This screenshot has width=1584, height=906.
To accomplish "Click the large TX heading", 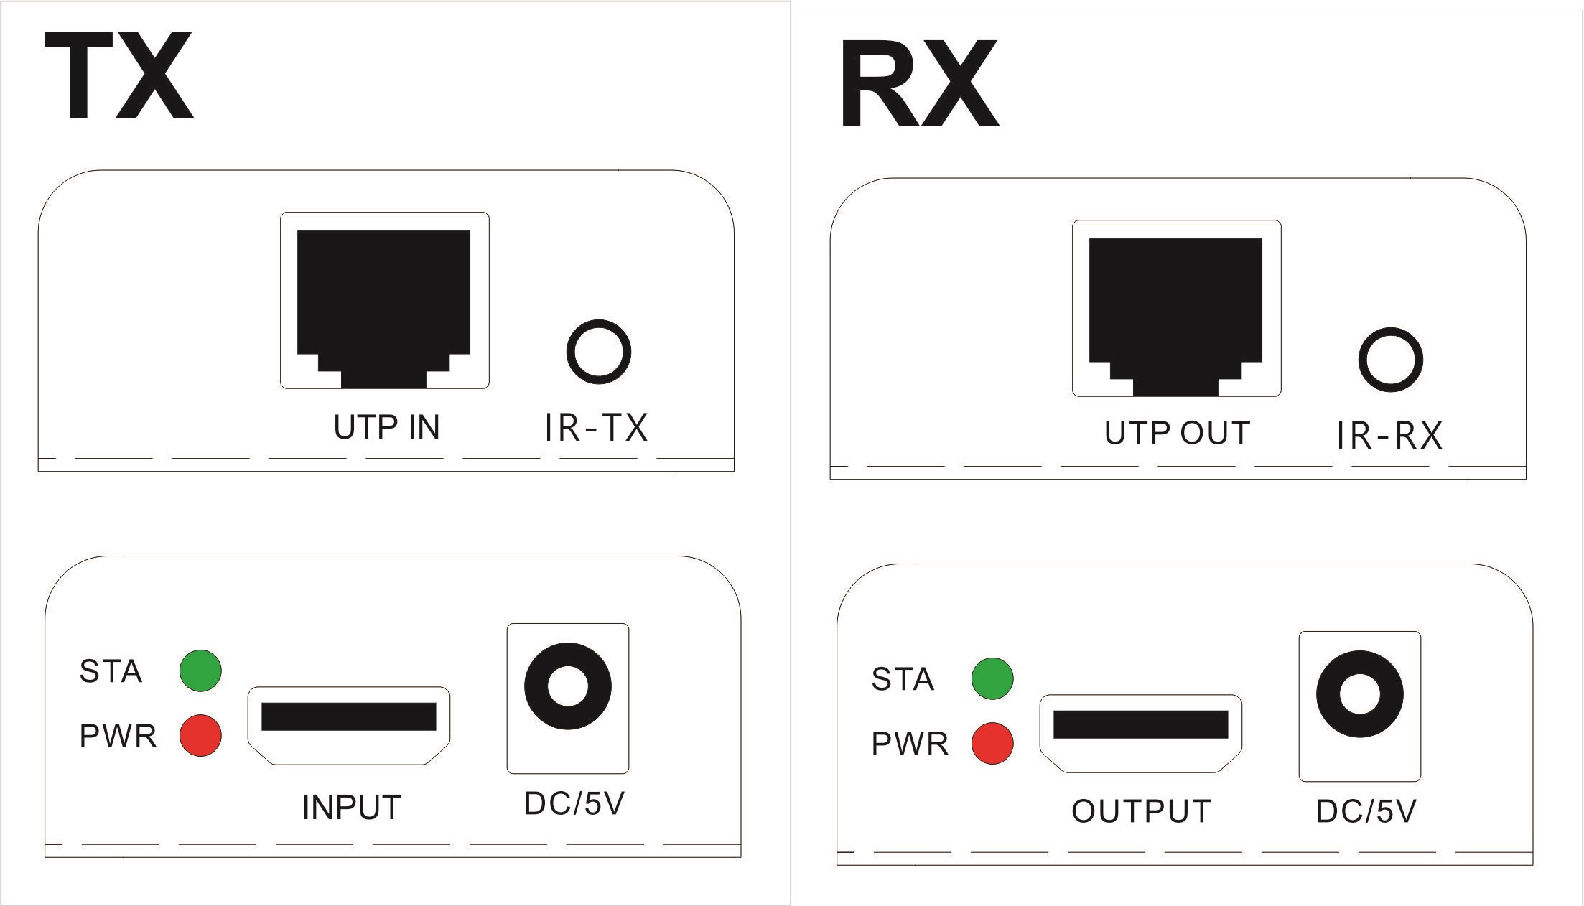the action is click(x=119, y=76).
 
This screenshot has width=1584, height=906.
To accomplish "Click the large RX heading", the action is click(x=920, y=84).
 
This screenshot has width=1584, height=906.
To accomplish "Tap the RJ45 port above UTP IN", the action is click(x=384, y=300).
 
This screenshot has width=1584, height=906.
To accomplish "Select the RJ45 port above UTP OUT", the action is click(x=1176, y=308).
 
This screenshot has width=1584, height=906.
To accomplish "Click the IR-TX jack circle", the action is click(x=598, y=352).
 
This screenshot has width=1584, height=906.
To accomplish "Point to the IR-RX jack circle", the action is click(x=1391, y=360).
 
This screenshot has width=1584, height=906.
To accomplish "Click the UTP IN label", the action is click(x=386, y=427).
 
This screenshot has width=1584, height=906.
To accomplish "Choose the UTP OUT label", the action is click(x=1178, y=433).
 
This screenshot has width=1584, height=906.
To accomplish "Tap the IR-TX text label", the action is click(x=596, y=428).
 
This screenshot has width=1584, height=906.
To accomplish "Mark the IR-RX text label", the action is click(x=1389, y=436).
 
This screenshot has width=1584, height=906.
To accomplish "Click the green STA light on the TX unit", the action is click(x=200, y=671).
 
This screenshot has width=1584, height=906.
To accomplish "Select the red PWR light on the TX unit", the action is click(x=200, y=735).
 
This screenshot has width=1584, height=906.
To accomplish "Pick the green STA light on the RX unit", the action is click(x=992, y=678).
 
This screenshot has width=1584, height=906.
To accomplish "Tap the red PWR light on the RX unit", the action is click(x=992, y=743).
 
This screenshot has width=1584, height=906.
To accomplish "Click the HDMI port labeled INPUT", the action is click(x=349, y=726).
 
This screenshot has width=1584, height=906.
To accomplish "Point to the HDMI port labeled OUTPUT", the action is click(x=1141, y=734).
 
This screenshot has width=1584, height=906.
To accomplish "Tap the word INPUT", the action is click(x=351, y=808).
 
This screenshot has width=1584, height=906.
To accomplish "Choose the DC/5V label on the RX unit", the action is click(x=1366, y=812).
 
